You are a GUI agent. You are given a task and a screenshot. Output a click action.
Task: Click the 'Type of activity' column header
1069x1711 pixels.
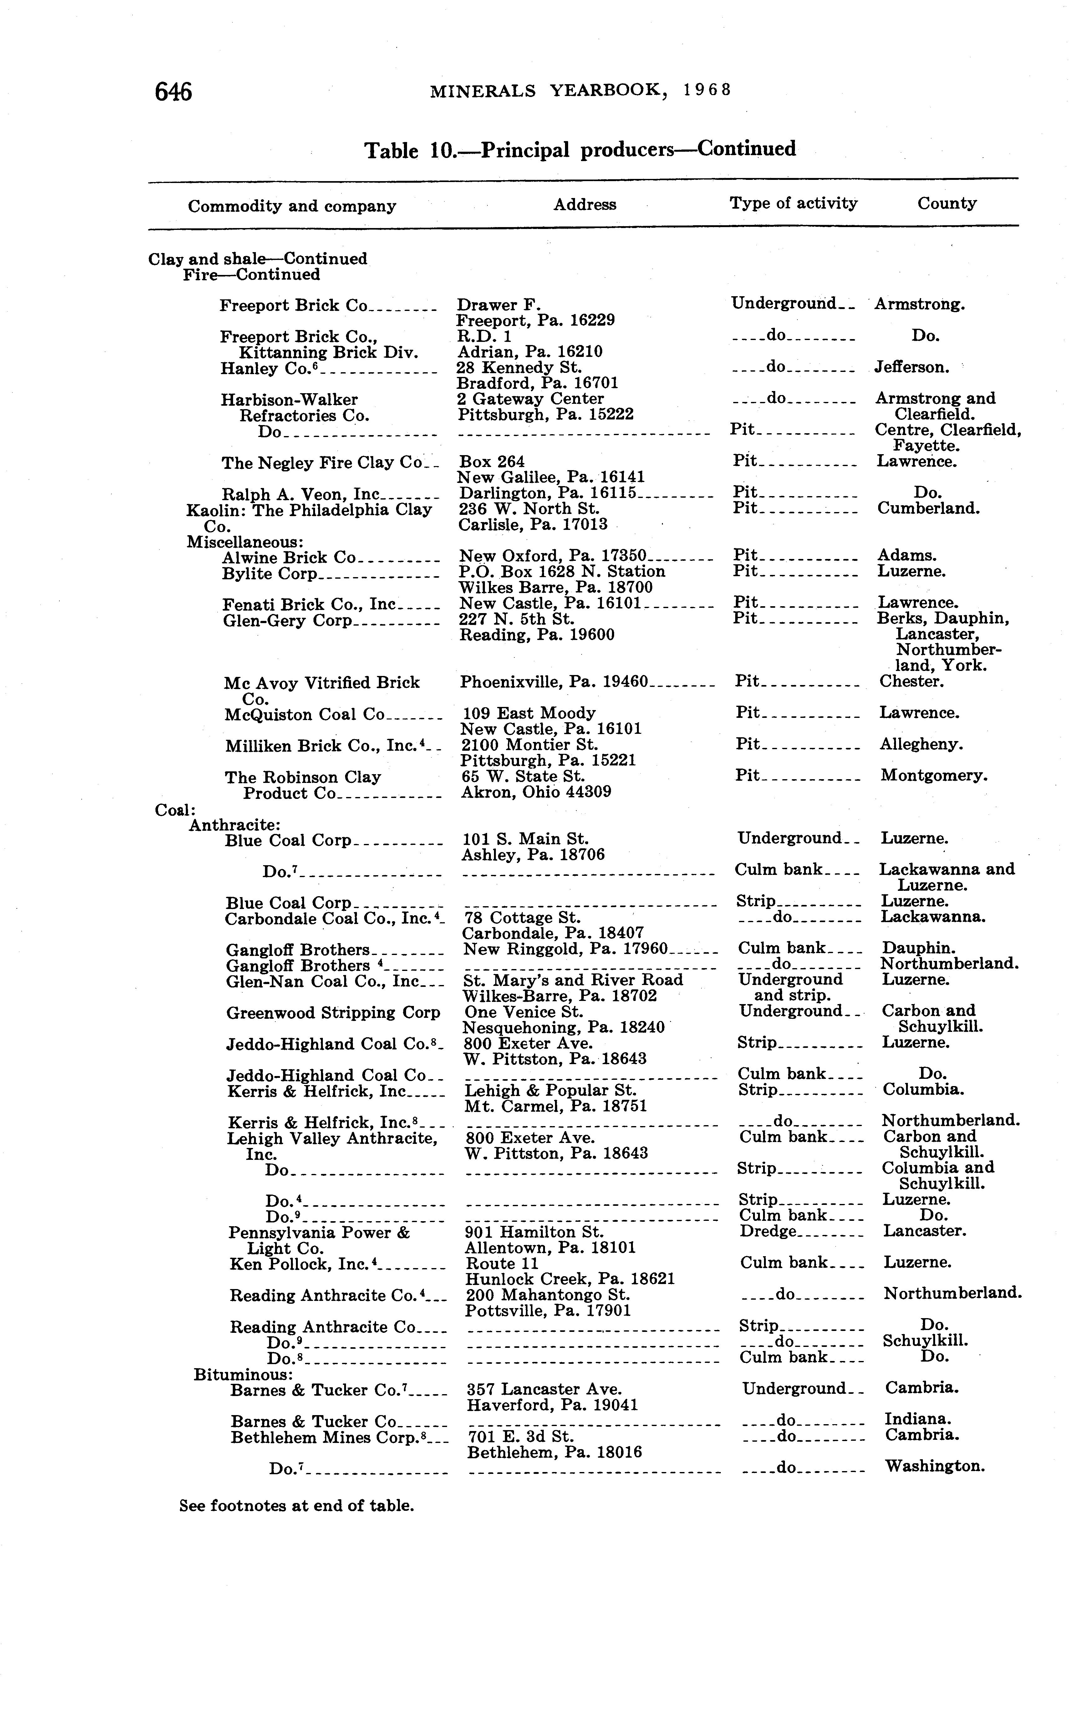[793, 204]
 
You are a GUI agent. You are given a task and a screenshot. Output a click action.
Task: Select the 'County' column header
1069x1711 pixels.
[947, 204]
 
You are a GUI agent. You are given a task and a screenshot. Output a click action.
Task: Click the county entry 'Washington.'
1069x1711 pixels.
[935, 1466]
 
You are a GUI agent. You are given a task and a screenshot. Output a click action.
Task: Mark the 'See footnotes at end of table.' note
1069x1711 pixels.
[296, 1506]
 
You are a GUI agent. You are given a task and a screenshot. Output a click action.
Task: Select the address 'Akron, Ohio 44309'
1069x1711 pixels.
[536, 792]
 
